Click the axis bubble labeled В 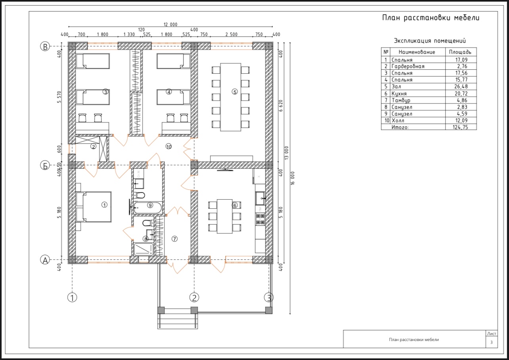45,46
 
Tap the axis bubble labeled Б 45,166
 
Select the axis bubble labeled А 45,260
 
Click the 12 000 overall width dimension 170,25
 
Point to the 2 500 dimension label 232,34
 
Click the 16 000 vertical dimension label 293,178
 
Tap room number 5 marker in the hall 235,92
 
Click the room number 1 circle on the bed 104,205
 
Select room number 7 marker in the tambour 174,239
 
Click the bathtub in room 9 148,208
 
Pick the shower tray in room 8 144,249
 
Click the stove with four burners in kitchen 260,219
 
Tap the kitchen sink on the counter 260,198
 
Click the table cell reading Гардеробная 408,66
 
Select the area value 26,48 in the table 461,86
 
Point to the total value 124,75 460,127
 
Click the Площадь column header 460,52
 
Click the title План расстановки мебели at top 431,18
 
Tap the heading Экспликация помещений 430,41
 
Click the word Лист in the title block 492,333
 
